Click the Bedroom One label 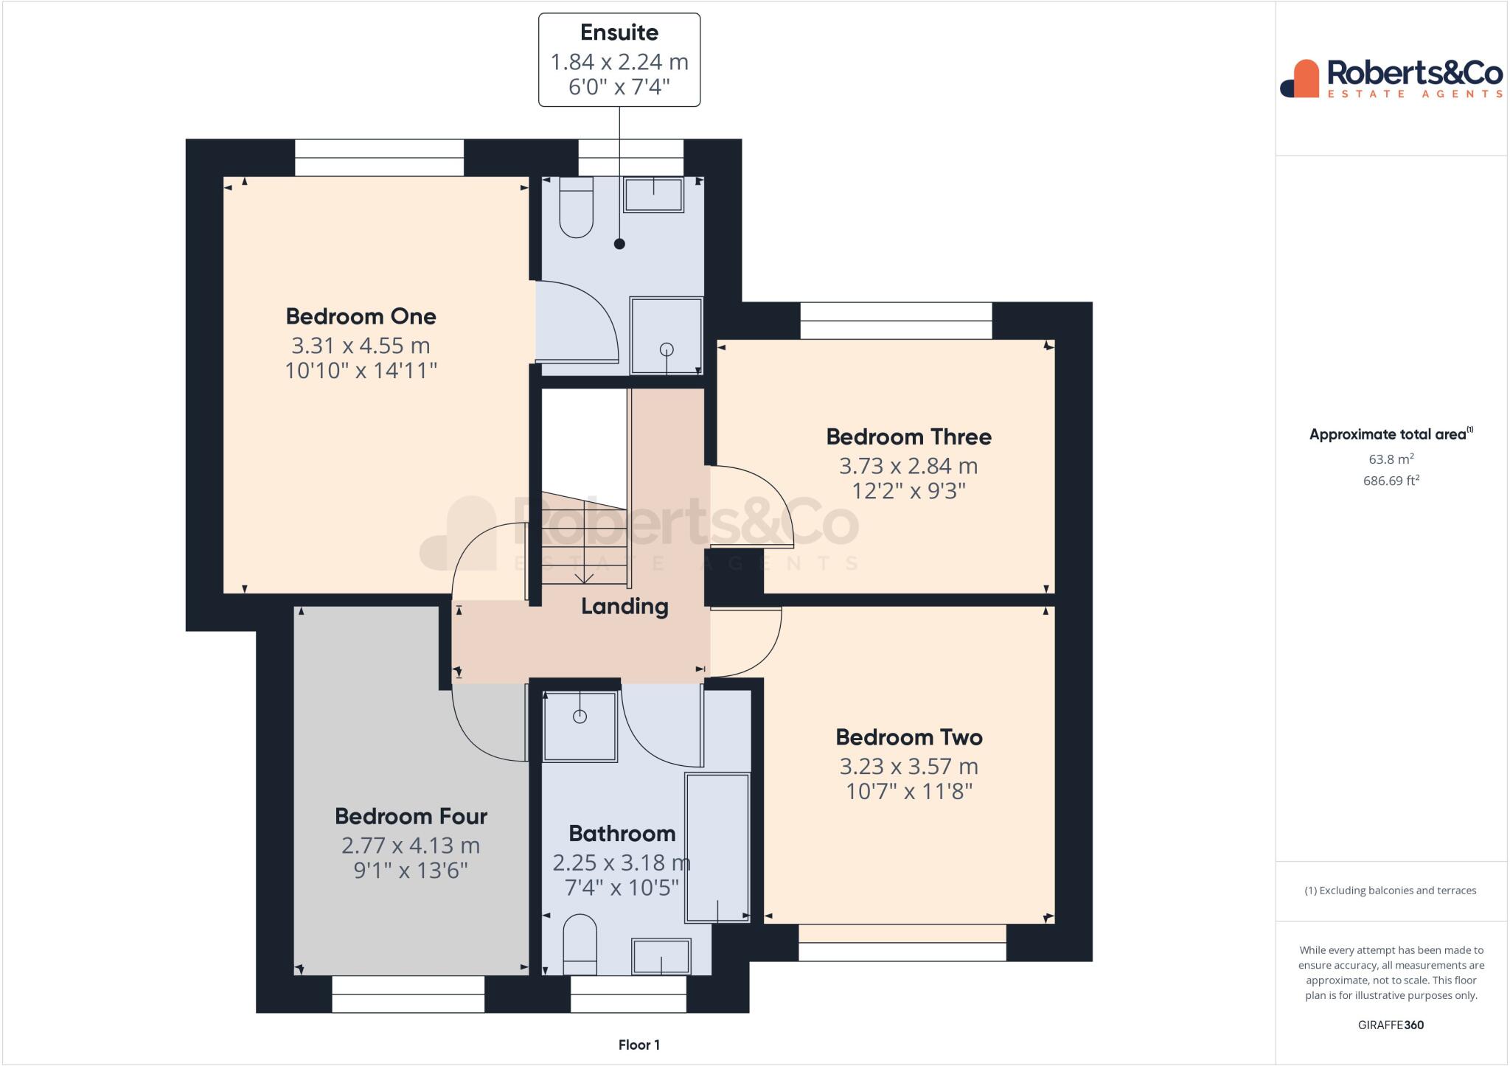click(361, 316)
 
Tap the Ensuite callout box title click(619, 32)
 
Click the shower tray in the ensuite click(666, 335)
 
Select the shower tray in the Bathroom click(580, 726)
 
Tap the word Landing click(624, 606)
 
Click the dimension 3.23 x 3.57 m click(908, 766)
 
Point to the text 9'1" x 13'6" click(410, 871)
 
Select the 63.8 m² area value click(1391, 459)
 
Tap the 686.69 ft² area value click(1391, 481)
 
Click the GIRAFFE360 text click(1391, 1025)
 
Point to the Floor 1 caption click(639, 1045)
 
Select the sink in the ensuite click(653, 195)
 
